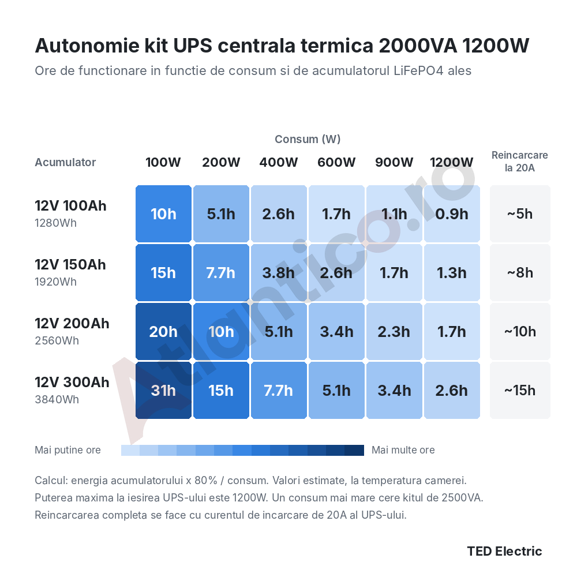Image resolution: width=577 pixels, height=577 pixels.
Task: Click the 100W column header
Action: pos(163,162)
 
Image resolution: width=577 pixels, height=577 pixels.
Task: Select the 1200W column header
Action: pos(452,162)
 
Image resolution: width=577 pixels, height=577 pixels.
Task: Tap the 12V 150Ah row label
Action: pos(70,265)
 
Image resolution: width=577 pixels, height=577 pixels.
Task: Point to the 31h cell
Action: pos(163,391)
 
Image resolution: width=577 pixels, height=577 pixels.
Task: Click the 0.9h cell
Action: pos(452,214)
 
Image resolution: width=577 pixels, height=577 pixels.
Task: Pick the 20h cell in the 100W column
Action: pos(163,332)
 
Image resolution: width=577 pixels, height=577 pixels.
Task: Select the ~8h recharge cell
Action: pos(520,273)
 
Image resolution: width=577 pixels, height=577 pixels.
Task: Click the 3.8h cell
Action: pos(279,273)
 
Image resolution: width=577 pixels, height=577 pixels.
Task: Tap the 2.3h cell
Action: pos(394,332)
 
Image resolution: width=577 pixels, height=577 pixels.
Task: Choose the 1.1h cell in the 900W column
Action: pos(394,214)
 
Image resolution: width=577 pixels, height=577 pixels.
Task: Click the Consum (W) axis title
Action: pos(308,139)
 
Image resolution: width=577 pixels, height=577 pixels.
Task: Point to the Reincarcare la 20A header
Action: pos(520,162)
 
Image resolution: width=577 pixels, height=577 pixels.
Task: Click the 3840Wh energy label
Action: pos(57,400)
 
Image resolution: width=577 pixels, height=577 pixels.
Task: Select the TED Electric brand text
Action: pos(504,551)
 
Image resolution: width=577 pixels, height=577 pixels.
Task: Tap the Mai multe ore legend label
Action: pos(403,450)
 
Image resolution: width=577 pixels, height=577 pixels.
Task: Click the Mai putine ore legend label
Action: pos(68,450)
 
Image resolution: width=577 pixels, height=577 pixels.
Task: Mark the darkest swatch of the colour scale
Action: pos(354,451)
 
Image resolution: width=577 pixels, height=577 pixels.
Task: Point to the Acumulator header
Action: pos(65,162)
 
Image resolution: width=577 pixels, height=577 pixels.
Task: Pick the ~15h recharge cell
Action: pos(520,391)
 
